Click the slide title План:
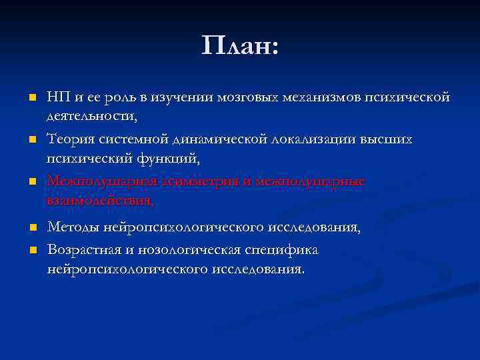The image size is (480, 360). click(x=240, y=47)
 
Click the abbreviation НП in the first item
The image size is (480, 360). click(x=58, y=98)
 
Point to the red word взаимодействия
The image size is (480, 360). click(x=100, y=199)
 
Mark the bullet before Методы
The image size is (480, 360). click(x=31, y=229)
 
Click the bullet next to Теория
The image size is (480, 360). click(x=31, y=140)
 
